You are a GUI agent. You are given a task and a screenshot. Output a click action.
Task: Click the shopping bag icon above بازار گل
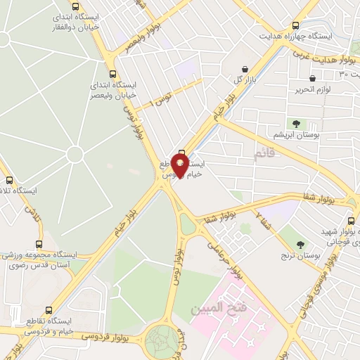(243, 69)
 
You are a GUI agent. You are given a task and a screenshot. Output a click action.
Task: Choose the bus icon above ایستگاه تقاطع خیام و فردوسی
(49, 309)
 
